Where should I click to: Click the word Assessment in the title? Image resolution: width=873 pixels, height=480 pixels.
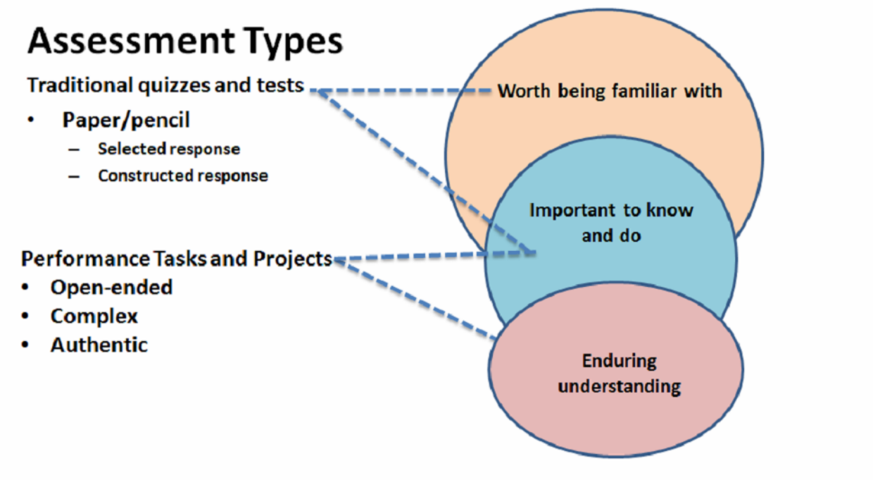tap(132, 41)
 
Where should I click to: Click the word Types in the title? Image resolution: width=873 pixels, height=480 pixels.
tap(294, 42)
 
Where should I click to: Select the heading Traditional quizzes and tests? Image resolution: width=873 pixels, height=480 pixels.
tap(165, 85)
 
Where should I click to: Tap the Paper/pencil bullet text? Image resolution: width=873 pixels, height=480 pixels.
tap(126, 120)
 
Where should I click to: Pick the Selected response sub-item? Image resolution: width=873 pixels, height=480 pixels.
tap(169, 149)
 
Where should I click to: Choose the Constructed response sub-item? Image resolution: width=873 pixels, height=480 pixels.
tap(183, 176)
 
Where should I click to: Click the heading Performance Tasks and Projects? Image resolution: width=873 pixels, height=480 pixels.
tap(176, 259)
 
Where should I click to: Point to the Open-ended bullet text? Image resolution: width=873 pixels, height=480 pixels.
tap(111, 288)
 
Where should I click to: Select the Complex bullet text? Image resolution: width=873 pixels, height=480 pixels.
tap(94, 316)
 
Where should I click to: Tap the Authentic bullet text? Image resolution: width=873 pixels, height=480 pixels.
tap(99, 345)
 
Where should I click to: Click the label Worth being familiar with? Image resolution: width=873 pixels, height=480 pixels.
tap(610, 92)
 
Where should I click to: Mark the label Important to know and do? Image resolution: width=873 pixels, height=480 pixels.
tap(611, 223)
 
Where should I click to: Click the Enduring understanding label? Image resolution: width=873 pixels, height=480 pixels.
tap(620, 374)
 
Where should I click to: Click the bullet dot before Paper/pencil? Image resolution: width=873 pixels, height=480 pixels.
tap(31, 120)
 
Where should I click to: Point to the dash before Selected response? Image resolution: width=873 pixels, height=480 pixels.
tap(74, 149)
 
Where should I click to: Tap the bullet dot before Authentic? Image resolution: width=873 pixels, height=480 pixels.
tap(25, 345)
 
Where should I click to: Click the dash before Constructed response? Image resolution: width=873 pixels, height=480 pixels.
tap(74, 177)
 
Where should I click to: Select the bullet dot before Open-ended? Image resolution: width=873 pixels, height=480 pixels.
tap(25, 288)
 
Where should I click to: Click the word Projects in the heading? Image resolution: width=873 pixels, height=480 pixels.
tap(292, 259)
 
